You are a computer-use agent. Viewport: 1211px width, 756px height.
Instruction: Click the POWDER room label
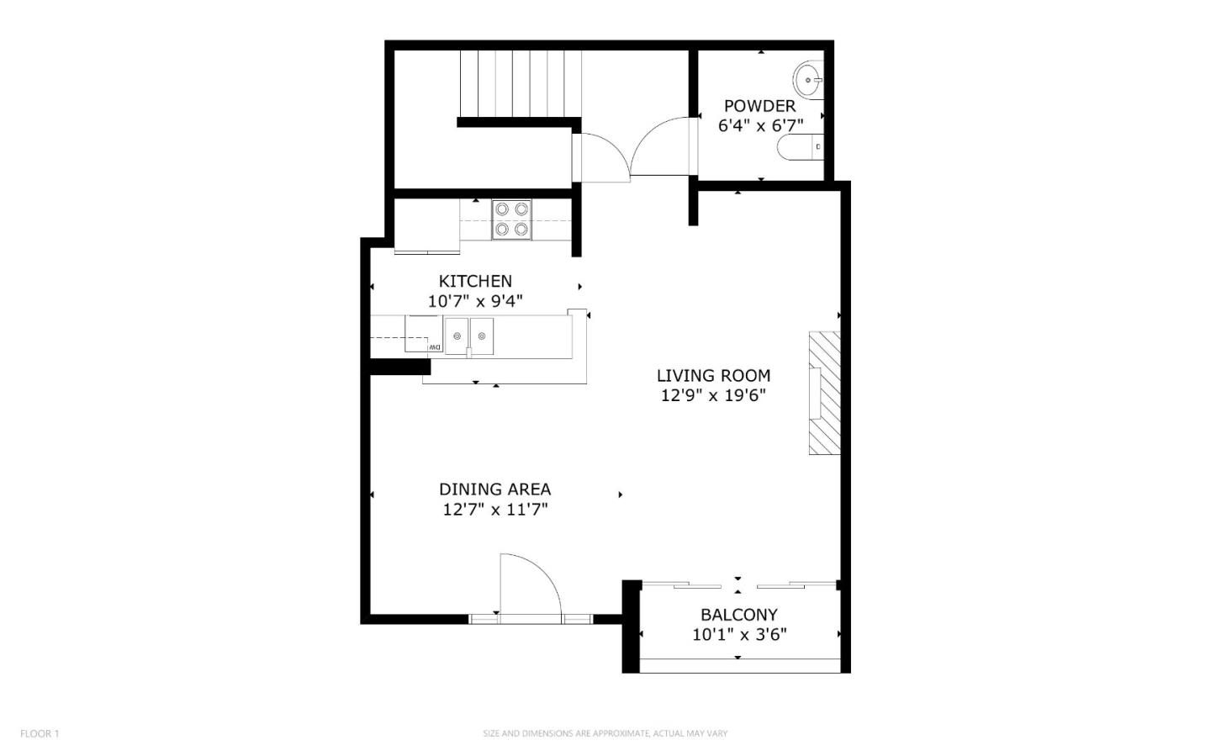(759, 106)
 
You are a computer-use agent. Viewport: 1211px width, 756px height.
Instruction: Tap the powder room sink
(808, 81)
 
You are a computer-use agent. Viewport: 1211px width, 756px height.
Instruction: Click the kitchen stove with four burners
(511, 219)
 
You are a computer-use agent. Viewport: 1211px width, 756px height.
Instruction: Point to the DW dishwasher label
(434, 346)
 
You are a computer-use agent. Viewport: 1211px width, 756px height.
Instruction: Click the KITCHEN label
(475, 281)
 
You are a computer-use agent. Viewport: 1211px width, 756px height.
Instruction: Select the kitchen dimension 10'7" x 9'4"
(475, 301)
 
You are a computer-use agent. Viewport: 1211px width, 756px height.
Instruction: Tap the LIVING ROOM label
(713, 375)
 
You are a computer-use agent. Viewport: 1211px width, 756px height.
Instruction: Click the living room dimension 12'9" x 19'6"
(713, 395)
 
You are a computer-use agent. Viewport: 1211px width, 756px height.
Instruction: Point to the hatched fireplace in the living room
(825, 393)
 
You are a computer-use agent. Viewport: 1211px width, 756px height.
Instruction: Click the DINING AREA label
(494, 489)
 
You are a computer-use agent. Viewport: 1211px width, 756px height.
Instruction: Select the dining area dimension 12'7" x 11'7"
(494, 509)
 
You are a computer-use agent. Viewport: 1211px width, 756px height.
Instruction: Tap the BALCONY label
(739, 614)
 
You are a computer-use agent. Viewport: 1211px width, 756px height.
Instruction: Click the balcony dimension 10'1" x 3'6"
(739, 635)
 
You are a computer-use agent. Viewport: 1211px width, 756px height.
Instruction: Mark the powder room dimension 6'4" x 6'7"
(760, 126)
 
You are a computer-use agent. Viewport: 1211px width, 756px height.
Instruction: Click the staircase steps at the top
(521, 84)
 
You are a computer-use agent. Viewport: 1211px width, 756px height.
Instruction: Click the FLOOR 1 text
(40, 733)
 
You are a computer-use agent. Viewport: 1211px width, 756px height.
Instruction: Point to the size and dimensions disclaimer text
(605, 733)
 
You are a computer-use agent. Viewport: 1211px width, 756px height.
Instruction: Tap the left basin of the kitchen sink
(457, 336)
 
